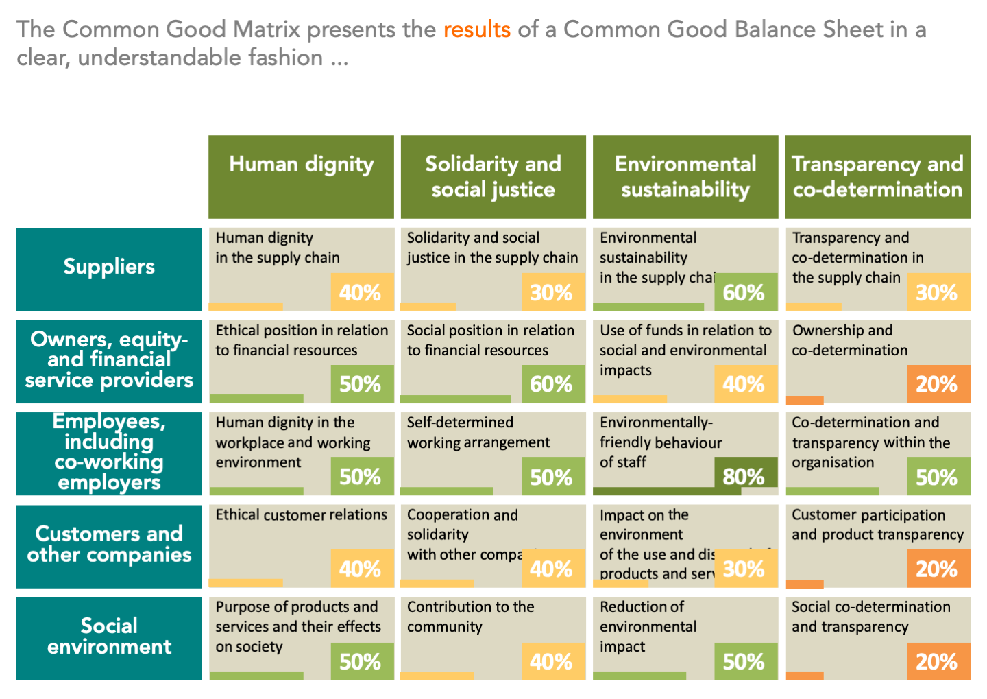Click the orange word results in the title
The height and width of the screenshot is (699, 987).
click(x=476, y=29)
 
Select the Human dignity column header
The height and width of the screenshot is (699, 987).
click(x=301, y=176)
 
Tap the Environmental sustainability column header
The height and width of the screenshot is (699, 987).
click(x=685, y=176)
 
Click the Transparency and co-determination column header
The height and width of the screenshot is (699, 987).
click(x=877, y=176)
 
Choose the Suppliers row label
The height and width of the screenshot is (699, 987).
click(x=109, y=267)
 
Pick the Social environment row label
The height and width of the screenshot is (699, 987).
click(x=109, y=637)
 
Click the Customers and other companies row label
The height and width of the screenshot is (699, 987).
click(x=109, y=545)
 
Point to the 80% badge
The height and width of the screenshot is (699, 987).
click(x=744, y=475)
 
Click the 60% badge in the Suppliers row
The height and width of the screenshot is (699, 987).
click(x=744, y=292)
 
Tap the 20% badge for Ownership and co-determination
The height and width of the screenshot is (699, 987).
click(x=937, y=383)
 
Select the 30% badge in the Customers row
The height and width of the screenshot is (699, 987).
click(x=744, y=569)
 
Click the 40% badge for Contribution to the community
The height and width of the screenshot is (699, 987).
click(x=552, y=661)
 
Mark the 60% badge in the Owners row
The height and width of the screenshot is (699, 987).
click(x=552, y=383)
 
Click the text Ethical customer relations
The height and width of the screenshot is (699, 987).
click(x=301, y=515)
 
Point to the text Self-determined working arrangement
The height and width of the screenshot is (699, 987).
click(x=478, y=433)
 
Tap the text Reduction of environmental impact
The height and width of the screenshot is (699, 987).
click(x=647, y=626)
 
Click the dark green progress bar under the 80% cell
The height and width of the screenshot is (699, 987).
click(x=656, y=491)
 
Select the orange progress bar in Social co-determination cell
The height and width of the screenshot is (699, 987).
click(x=805, y=676)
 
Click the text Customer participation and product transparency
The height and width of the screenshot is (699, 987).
click(x=877, y=525)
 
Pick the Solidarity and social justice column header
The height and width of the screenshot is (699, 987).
click(x=493, y=176)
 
